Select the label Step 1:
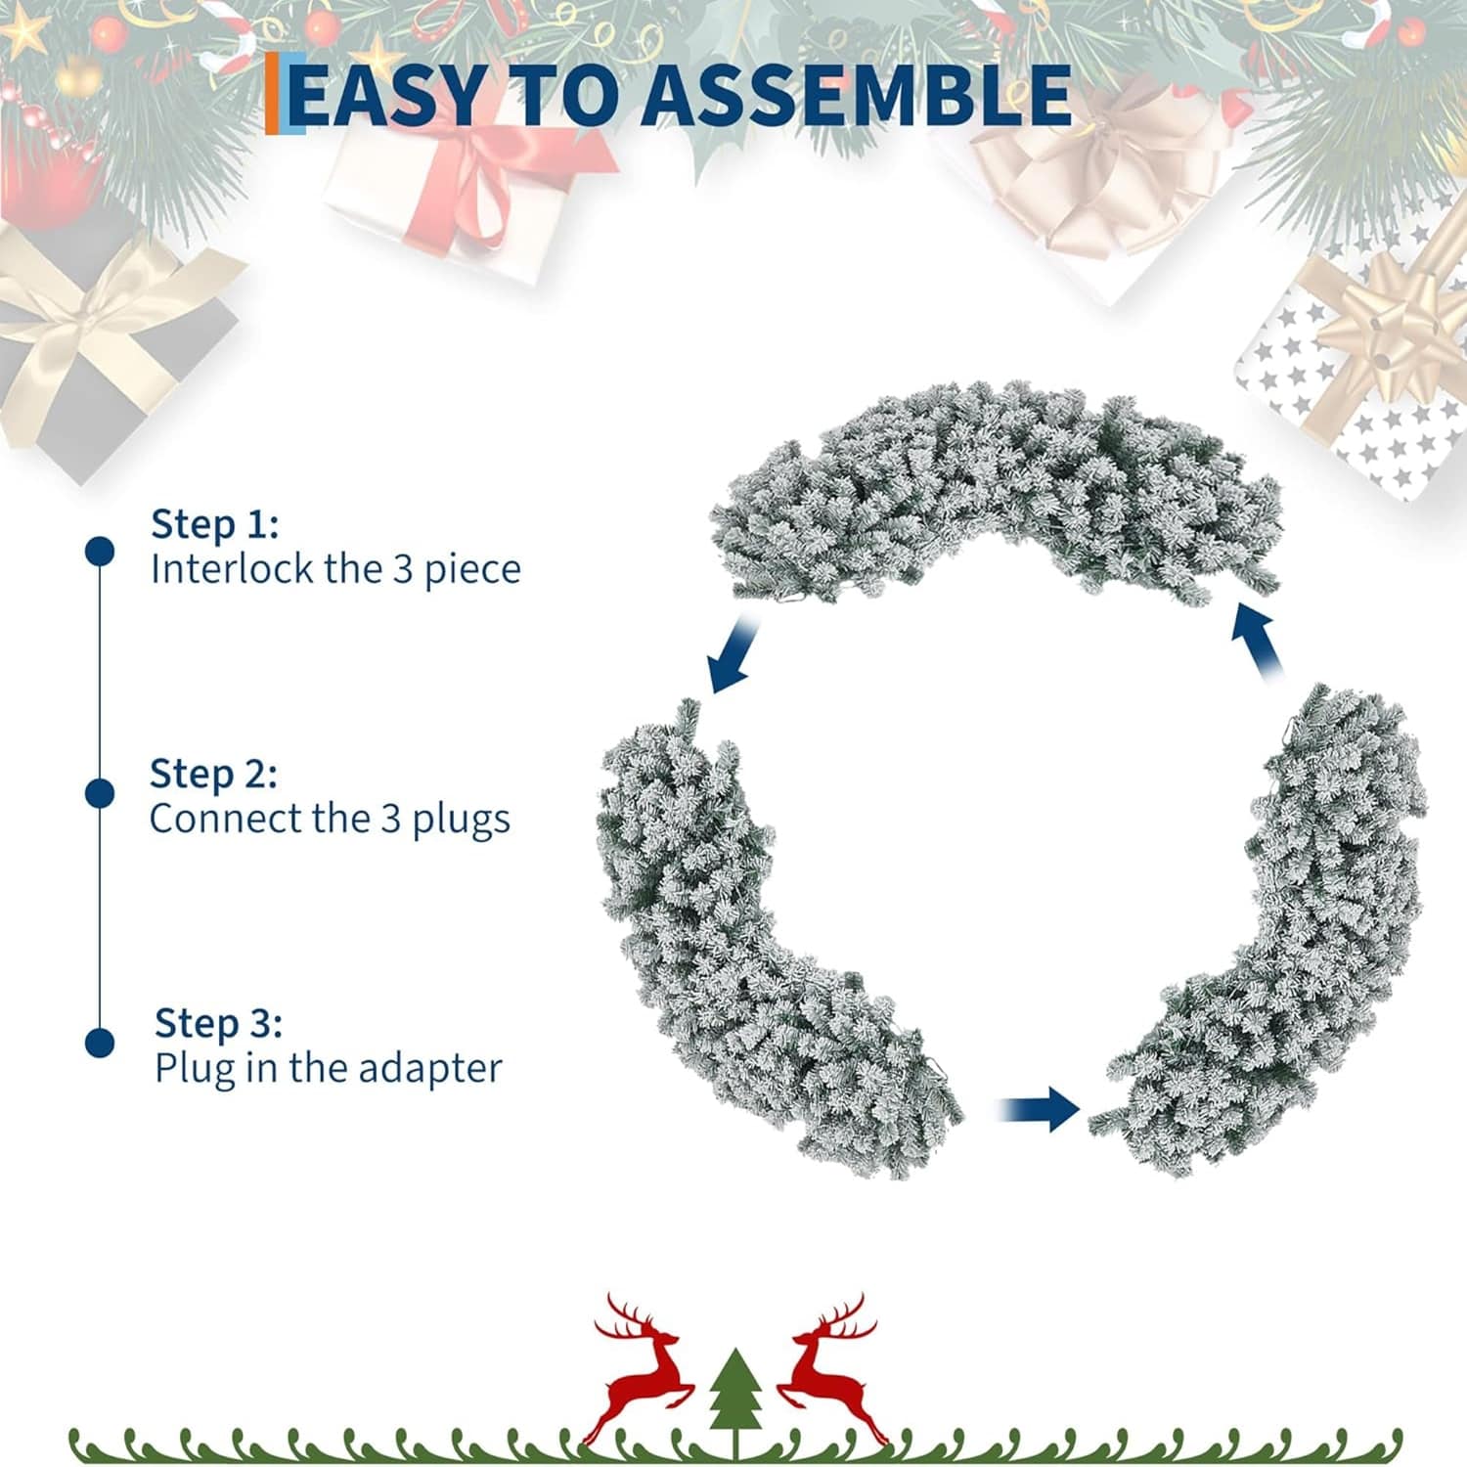tap(214, 525)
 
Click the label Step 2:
tap(213, 775)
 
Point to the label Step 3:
tap(218, 1024)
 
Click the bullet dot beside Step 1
tap(99, 551)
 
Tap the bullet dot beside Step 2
tap(99, 792)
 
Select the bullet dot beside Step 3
tap(99, 1042)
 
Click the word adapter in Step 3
tap(429, 1068)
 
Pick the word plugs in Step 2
tap(461, 820)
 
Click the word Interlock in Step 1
tap(232, 569)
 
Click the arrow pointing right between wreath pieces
tap(1039, 1109)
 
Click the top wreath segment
tap(998, 489)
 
